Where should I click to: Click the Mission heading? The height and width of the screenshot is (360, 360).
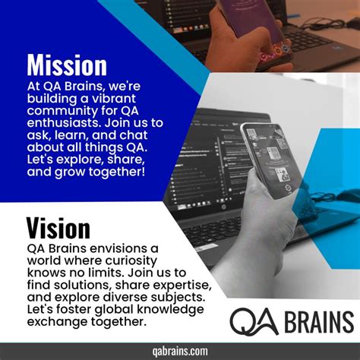coord(67,65)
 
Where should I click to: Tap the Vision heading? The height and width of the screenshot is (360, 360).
coord(58,228)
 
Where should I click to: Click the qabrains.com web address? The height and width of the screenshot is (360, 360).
coord(180,351)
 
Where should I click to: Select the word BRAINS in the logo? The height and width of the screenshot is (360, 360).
coord(319,321)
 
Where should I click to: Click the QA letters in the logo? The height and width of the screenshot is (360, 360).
coord(254,321)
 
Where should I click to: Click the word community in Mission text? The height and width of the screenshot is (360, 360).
coord(62,111)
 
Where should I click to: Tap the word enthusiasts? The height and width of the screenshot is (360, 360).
coord(65,123)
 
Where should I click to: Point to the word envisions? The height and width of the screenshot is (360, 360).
coord(118,248)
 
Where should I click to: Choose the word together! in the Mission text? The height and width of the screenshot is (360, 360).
coord(117,172)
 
